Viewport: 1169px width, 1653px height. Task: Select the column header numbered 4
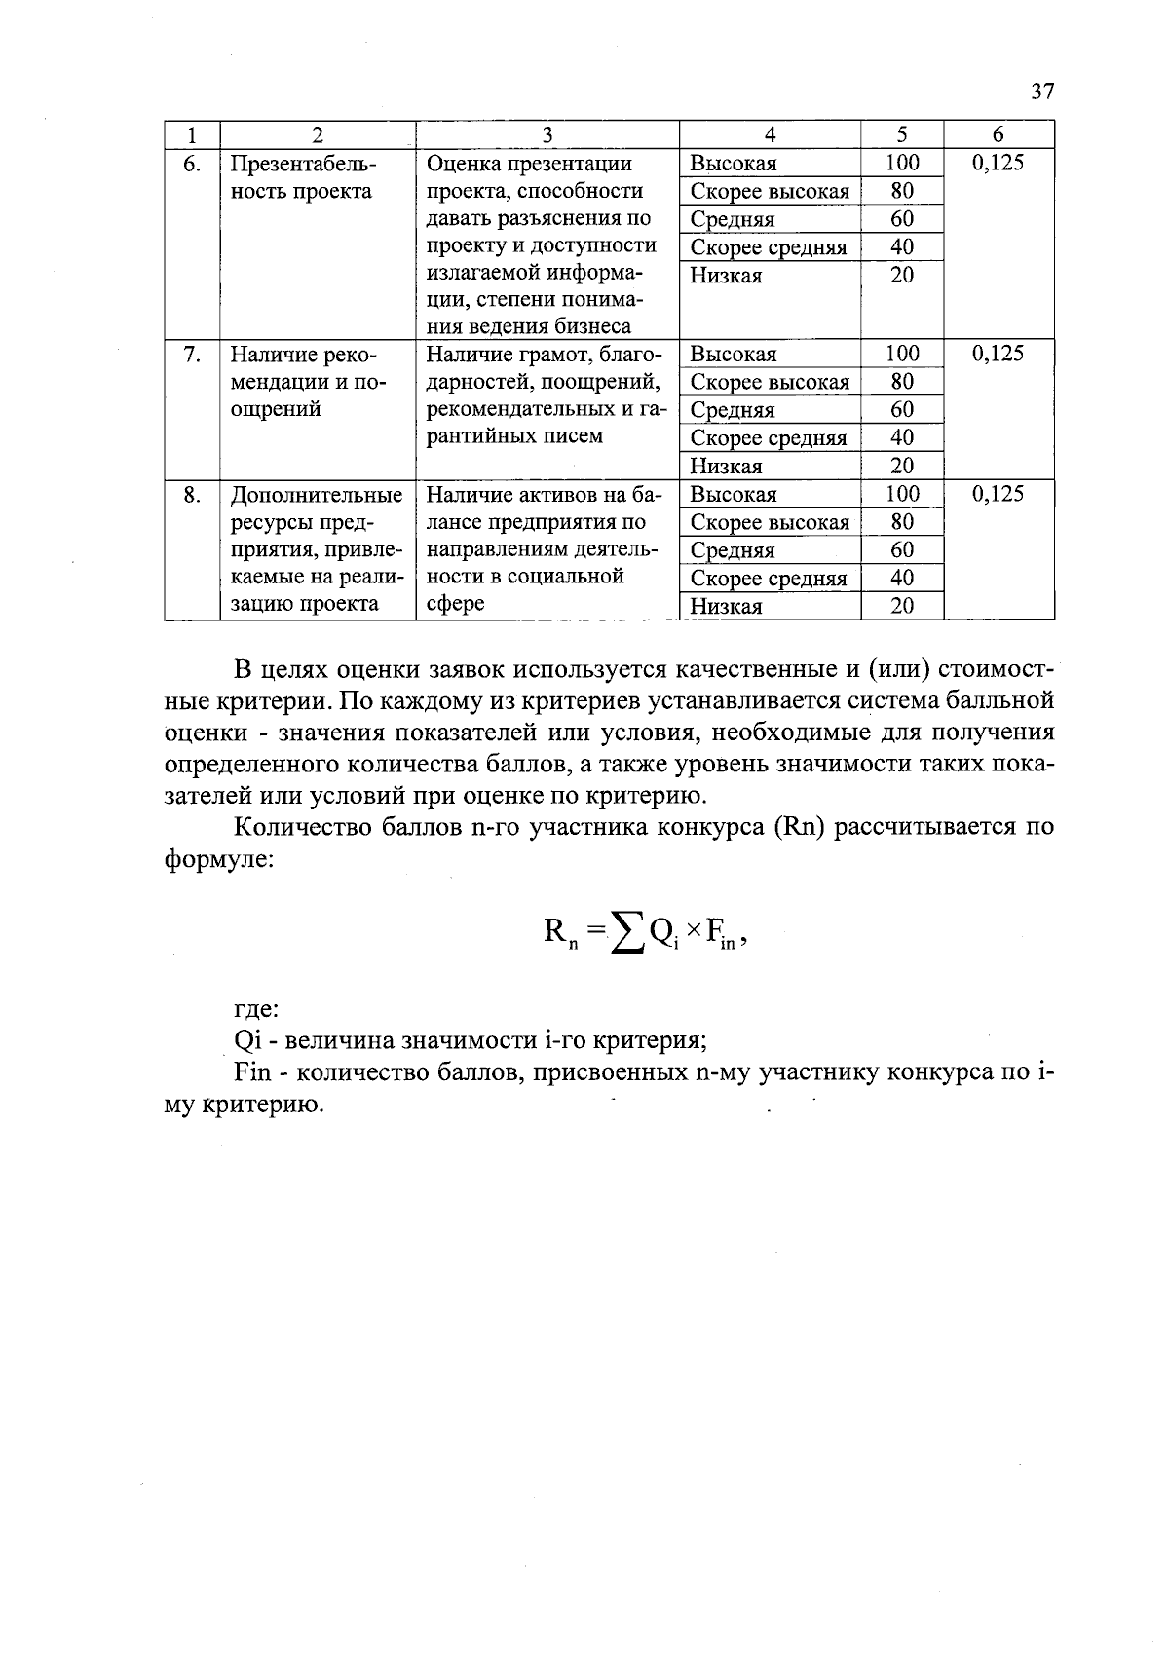pyautogui.click(x=770, y=134)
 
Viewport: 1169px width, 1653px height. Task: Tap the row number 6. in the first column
pyautogui.click(x=192, y=163)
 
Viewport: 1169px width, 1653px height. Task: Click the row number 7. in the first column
pyautogui.click(x=192, y=354)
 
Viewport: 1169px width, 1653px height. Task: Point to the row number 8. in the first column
pyautogui.click(x=192, y=494)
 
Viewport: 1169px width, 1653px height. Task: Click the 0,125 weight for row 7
pyautogui.click(x=999, y=354)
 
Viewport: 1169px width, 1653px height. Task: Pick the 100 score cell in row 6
pyautogui.click(x=902, y=163)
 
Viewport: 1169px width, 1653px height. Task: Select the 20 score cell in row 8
pyautogui.click(x=902, y=606)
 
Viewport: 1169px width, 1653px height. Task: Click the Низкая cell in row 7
pyautogui.click(x=726, y=466)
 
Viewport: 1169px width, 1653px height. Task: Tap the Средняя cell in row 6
pyautogui.click(x=733, y=219)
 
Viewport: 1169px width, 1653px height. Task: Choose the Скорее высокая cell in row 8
pyautogui.click(x=770, y=522)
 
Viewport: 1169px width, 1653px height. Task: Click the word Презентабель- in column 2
pyautogui.click(x=303, y=163)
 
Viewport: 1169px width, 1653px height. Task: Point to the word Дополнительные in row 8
pyautogui.click(x=317, y=495)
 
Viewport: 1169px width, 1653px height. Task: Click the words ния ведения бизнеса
pyautogui.click(x=529, y=326)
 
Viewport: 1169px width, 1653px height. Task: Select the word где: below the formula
pyautogui.click(x=257, y=1009)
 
